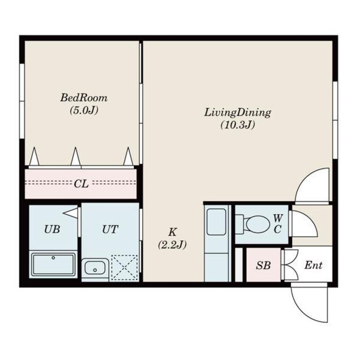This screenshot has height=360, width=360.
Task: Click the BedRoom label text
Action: click(84, 98)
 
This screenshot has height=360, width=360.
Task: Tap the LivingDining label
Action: click(237, 113)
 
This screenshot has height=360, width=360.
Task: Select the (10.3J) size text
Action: click(237, 125)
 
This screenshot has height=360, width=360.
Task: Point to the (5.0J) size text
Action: click(84, 110)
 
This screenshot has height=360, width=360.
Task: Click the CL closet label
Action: click(81, 184)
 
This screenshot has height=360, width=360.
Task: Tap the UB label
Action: click(52, 229)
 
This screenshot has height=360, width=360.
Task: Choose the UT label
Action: click(110, 229)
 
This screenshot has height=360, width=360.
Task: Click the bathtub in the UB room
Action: click(53, 264)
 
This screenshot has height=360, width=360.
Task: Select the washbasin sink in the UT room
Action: click(95, 268)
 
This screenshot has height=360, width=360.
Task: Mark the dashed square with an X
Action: click(124, 268)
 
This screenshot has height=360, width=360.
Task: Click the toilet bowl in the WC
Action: click(256, 224)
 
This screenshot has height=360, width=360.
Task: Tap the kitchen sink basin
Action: click(216, 222)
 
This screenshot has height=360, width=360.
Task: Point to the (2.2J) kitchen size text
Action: click(172, 245)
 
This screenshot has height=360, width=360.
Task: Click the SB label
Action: click(263, 266)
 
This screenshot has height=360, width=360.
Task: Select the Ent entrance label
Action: click(313, 266)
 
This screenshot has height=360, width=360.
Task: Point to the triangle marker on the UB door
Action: click(71, 213)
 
